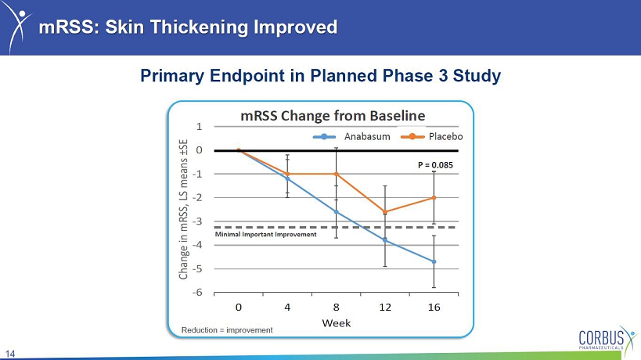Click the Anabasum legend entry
[x=351, y=136]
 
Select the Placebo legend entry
[x=432, y=136]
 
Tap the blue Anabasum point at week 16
[x=434, y=261]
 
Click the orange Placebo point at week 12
[x=385, y=211]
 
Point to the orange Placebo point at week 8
[x=337, y=174]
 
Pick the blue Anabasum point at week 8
[x=337, y=211]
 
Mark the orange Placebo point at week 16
[x=434, y=198]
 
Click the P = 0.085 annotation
[x=435, y=165]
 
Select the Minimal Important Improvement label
[x=266, y=235]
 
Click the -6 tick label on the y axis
[x=197, y=292]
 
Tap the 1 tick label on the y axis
[x=199, y=127]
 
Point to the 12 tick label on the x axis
[x=385, y=307]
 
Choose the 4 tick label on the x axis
[x=287, y=307]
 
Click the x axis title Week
[x=337, y=323]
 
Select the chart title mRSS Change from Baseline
[x=333, y=116]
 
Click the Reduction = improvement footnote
[x=227, y=330]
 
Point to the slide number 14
[x=10, y=354]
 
